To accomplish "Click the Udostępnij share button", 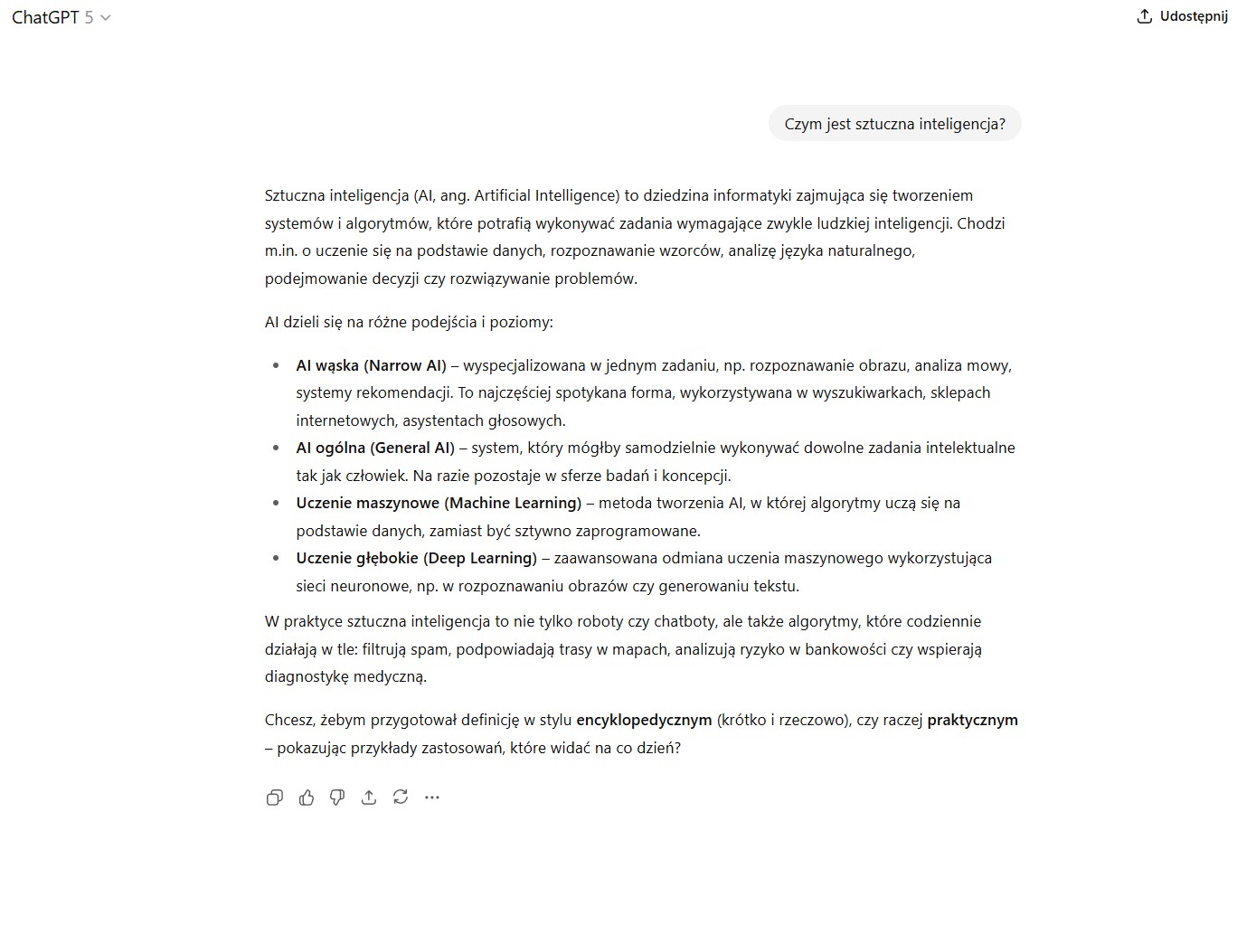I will click(x=1183, y=16).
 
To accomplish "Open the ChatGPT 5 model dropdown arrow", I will click(x=106, y=18).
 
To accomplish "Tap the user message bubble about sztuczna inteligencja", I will click(x=894, y=124).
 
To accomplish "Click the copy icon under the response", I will click(x=275, y=797).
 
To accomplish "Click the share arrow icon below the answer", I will click(x=369, y=797).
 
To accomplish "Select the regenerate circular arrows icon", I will click(x=401, y=797).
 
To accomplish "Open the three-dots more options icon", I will click(x=432, y=797).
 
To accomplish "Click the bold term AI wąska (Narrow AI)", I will click(x=371, y=365).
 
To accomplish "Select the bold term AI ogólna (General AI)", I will click(x=375, y=448).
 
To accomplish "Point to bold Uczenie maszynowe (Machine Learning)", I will click(x=439, y=503).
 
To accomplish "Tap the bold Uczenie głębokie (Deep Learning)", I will click(x=416, y=558).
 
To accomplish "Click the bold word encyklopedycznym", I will click(x=644, y=720).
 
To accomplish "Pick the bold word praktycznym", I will click(x=972, y=720).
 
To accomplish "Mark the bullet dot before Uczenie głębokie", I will click(x=276, y=559).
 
